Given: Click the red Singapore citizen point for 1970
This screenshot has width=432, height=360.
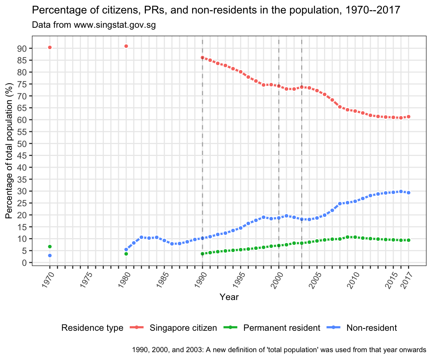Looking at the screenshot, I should pos(49,47).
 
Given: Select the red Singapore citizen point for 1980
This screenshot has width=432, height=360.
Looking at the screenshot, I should pos(126,46).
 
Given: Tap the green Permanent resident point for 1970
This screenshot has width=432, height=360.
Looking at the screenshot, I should pos(49,246).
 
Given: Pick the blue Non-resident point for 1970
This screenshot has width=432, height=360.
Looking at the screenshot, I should pos(49,255).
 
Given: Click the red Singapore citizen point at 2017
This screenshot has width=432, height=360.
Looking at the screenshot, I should pos(408,117).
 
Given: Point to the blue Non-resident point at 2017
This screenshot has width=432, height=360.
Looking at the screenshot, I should pos(408,192).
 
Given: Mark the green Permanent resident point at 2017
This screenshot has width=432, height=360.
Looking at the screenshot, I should pos(408,240).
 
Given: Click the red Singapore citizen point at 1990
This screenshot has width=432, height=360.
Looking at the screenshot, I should pos(202,58).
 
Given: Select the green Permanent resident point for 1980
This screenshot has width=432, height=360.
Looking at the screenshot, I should pos(126,254).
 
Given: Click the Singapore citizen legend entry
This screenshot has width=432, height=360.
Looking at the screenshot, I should pos(183,328).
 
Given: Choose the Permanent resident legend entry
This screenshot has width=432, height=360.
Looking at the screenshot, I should pos(282,328).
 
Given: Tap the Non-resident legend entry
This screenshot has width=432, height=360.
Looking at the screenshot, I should pos(371,328).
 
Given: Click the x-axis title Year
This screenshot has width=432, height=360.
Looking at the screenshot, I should pos(229,297).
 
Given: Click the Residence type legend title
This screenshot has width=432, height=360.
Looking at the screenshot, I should pos(92,328).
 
